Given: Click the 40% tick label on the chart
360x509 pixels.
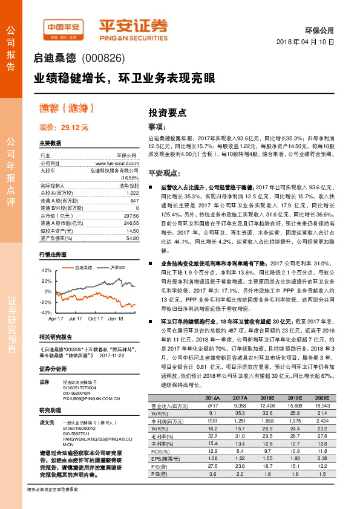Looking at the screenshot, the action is (x=47, y=271).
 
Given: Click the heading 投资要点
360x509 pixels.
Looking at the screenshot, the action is (x=168, y=113).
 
